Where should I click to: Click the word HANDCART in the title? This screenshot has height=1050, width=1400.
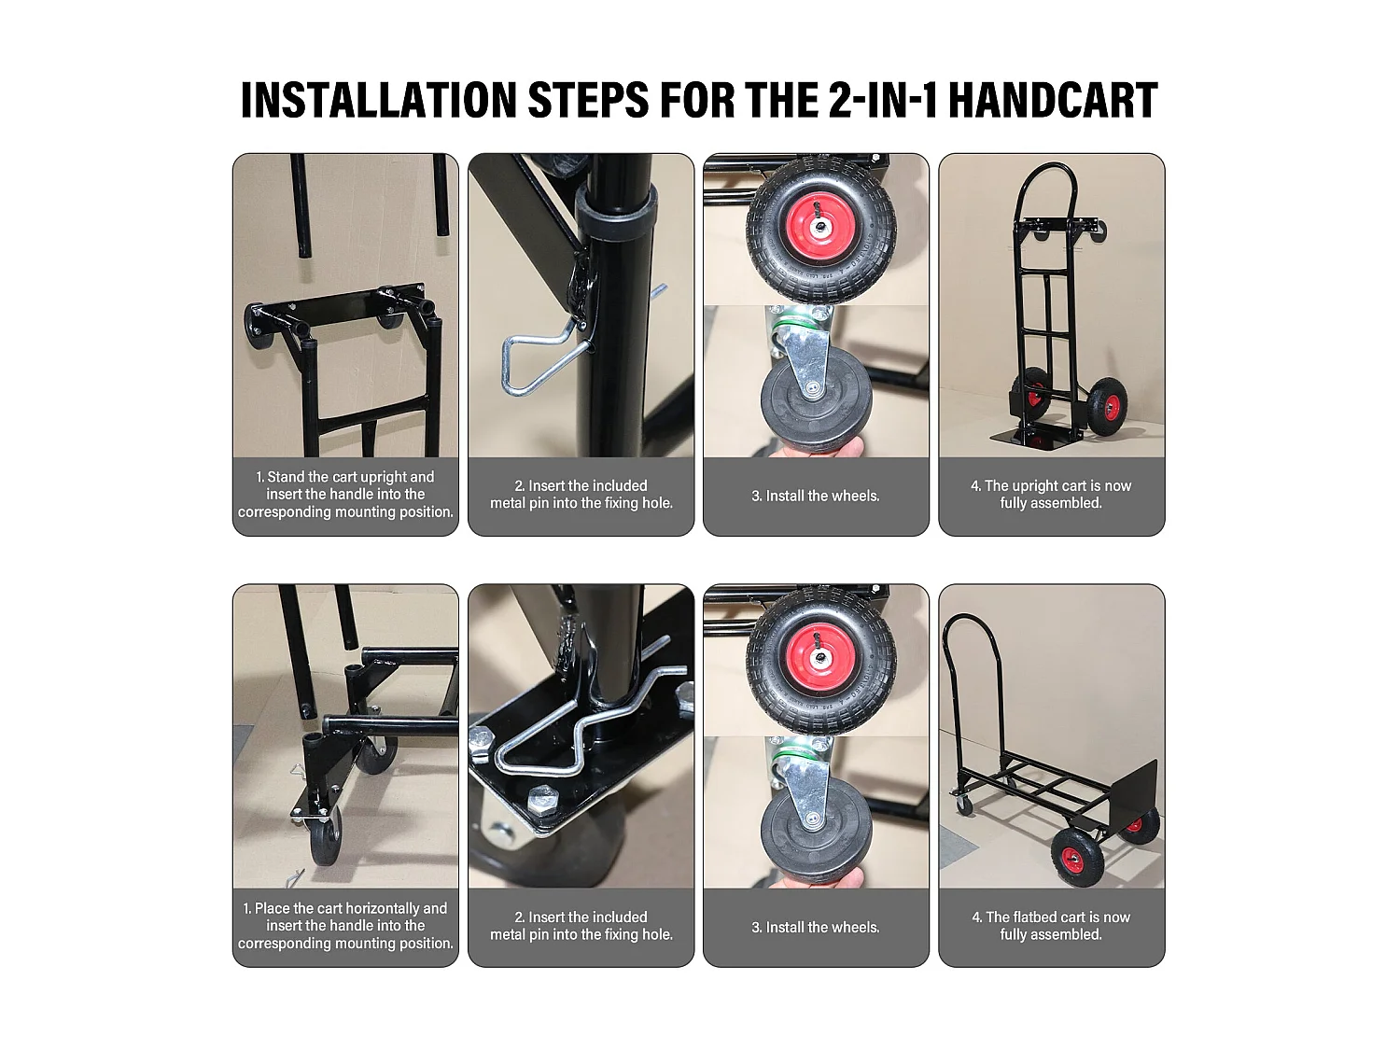[1053, 100]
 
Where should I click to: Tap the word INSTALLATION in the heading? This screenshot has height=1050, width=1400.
[379, 100]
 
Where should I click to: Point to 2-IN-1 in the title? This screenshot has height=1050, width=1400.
[883, 100]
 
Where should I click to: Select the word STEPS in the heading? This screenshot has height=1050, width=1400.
[589, 100]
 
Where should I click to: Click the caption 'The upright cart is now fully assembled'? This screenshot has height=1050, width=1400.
[1051, 494]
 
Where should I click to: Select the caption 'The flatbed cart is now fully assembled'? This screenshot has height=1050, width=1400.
[1051, 926]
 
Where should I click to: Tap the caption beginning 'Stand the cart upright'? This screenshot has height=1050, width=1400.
[345, 494]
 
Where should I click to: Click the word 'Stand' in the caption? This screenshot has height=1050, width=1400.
[286, 477]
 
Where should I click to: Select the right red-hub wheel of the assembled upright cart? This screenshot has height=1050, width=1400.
[1107, 407]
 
